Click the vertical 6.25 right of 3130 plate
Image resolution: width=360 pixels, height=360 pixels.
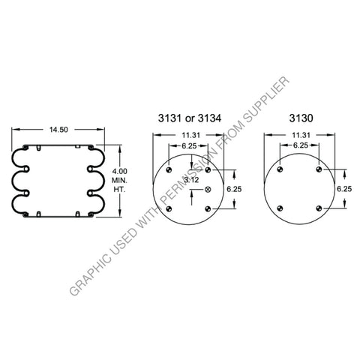click(344, 188)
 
